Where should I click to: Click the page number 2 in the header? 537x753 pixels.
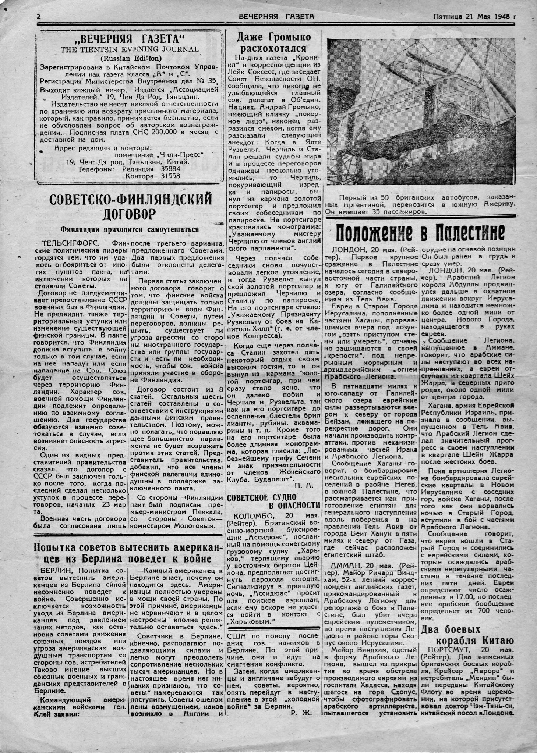pos(38,17)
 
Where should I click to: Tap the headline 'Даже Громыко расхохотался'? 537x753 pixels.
pos(273,43)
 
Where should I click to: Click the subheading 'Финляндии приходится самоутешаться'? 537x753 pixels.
pos(130,229)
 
